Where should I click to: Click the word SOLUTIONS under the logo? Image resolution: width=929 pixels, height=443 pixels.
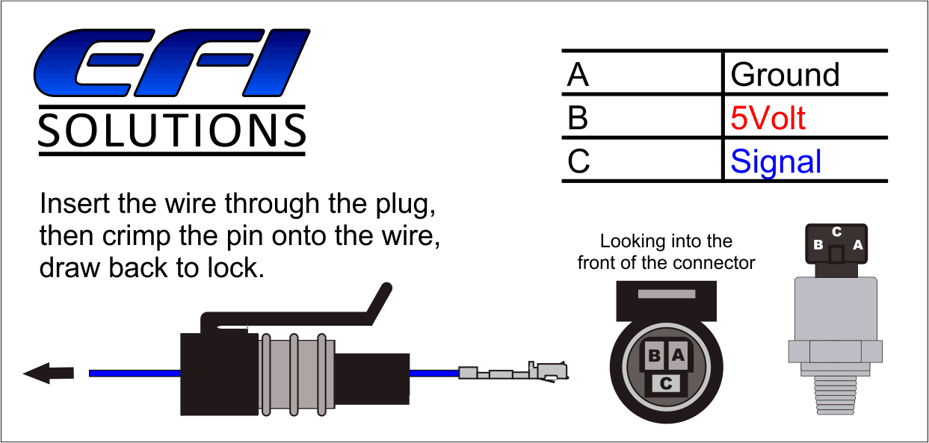[x=172, y=131]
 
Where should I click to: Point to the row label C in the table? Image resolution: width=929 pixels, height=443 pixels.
[x=578, y=161]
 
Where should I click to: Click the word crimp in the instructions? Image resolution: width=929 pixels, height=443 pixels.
[x=142, y=235]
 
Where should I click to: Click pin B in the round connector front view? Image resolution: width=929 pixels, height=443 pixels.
[x=654, y=356]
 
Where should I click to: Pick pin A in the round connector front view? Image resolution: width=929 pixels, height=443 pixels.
[x=678, y=356]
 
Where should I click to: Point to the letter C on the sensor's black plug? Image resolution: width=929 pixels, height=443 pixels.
[x=837, y=232]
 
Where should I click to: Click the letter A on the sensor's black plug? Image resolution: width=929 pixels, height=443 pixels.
[x=857, y=244]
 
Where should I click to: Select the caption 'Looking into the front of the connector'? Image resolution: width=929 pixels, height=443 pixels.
[x=666, y=252]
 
